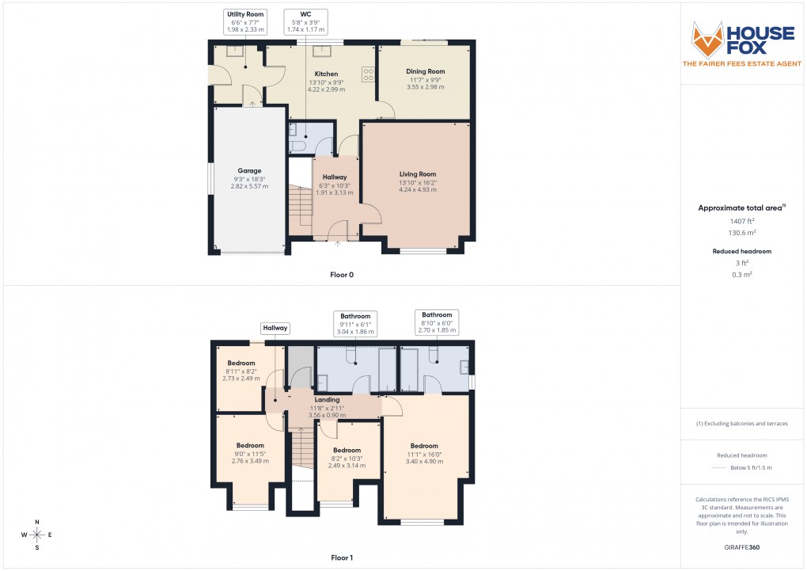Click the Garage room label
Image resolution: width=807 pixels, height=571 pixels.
[x=249, y=170]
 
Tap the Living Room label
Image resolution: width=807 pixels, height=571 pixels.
[x=417, y=174]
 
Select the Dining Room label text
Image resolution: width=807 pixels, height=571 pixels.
[x=426, y=71]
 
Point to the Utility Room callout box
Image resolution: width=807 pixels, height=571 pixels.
[x=244, y=21]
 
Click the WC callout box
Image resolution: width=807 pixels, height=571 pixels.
[x=305, y=21]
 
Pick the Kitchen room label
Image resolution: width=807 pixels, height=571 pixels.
[x=326, y=74]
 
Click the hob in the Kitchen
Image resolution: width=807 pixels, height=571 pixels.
[x=368, y=74]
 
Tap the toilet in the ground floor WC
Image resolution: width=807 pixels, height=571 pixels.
[x=298, y=147]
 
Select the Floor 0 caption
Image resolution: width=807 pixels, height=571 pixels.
[x=342, y=275]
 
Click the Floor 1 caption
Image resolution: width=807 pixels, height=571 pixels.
[x=342, y=558]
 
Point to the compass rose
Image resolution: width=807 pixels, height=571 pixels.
[x=36, y=535]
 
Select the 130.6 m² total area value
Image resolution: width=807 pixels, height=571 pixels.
[x=741, y=233]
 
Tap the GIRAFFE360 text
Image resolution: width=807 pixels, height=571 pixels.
[x=742, y=546]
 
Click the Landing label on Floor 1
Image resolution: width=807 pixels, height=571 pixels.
[x=328, y=400]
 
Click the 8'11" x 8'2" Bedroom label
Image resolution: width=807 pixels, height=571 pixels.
[x=241, y=364]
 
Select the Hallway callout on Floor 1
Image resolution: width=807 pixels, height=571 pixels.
[x=275, y=328]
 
